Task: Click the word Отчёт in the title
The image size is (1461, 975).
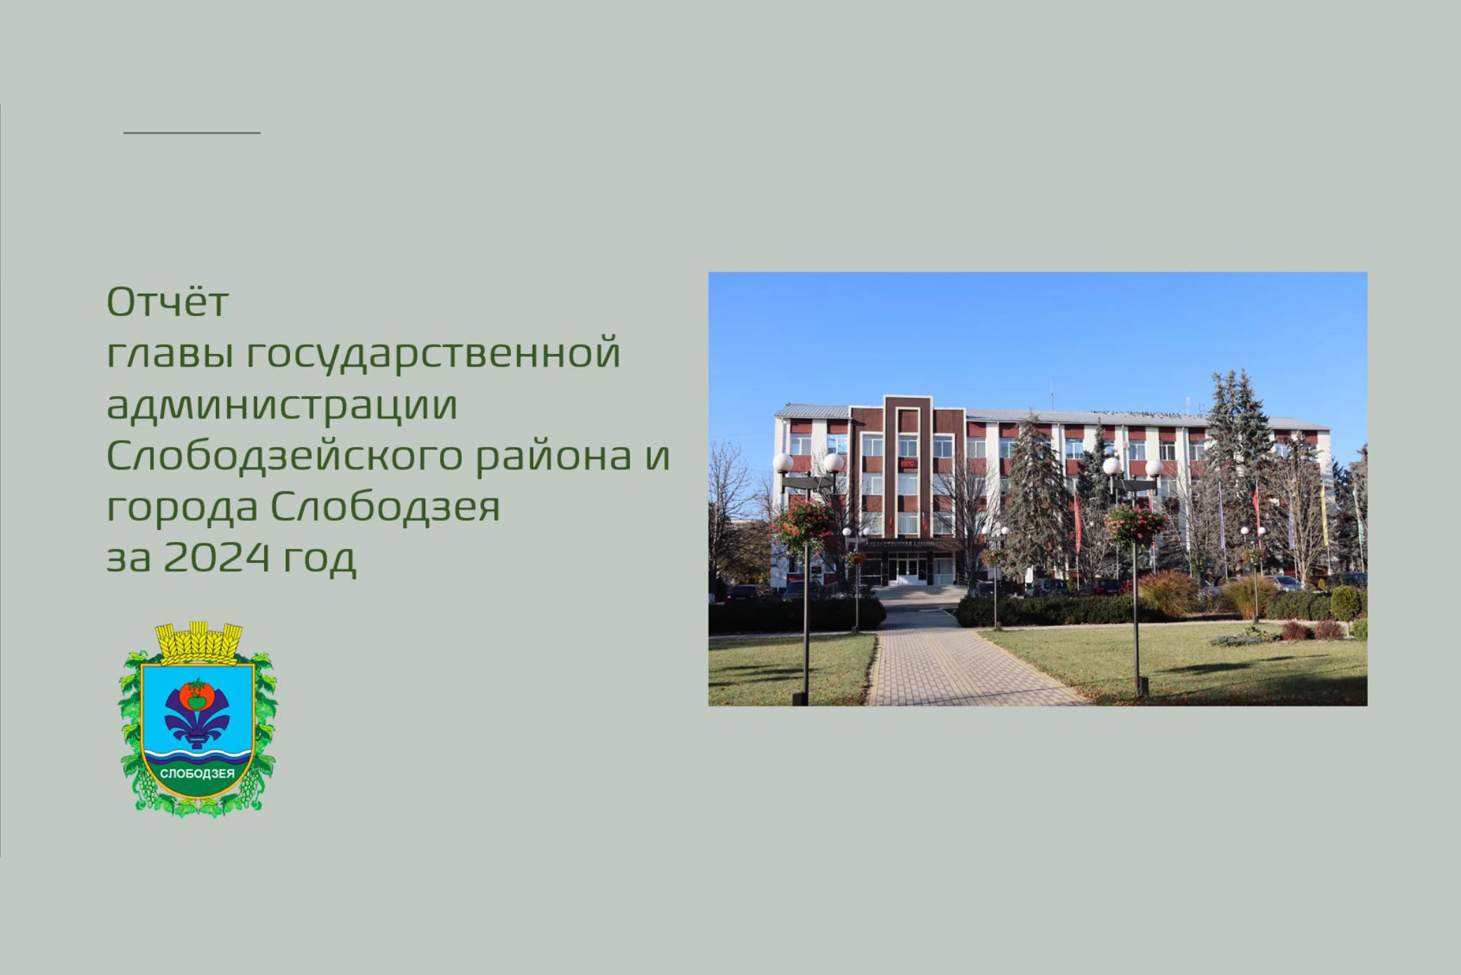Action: coord(167,301)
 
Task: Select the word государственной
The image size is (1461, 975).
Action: coord(434,353)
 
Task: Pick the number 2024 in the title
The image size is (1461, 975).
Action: coord(217,557)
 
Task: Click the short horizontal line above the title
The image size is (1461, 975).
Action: coord(192,132)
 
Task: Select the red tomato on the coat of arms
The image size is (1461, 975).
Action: coord(197,694)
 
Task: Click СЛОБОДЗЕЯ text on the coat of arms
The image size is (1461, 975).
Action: coord(198,774)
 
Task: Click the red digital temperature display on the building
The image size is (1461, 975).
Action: coord(907,463)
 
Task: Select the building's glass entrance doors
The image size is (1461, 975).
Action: coord(907,568)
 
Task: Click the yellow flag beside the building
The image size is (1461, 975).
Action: coord(1324,515)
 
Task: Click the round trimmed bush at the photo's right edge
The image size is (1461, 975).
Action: coord(1346,602)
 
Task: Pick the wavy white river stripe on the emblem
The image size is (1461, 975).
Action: coord(198,756)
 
